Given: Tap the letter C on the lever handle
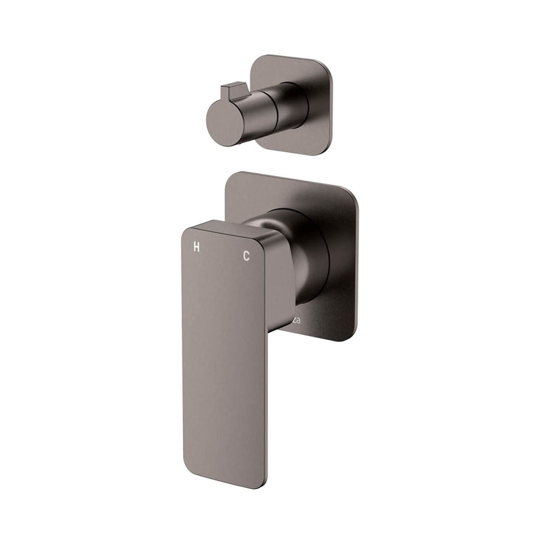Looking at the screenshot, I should coord(246,256).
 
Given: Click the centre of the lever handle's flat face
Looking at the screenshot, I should coord(224,352).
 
